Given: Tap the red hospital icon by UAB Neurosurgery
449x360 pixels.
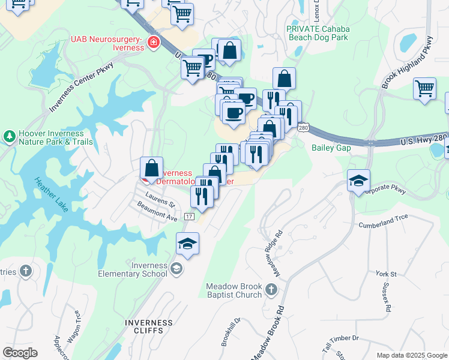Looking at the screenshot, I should pyautogui.click(x=154, y=42).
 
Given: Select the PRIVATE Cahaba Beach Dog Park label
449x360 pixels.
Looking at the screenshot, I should pyautogui.click(x=317, y=33).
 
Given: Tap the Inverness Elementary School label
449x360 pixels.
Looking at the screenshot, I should pyautogui.click(x=133, y=270).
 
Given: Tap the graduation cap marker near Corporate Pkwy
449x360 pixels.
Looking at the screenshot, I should pyautogui.click(x=358, y=181).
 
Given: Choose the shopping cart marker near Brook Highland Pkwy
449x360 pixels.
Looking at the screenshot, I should pyautogui.click(x=424, y=88).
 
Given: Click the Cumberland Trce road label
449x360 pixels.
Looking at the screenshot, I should pyautogui.click(x=384, y=222).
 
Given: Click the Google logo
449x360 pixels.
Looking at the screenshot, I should pyautogui.click(x=20, y=352).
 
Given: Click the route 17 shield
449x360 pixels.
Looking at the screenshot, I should pyautogui.click(x=190, y=216).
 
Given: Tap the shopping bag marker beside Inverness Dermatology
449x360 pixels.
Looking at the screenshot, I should pyautogui.click(x=152, y=167).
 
